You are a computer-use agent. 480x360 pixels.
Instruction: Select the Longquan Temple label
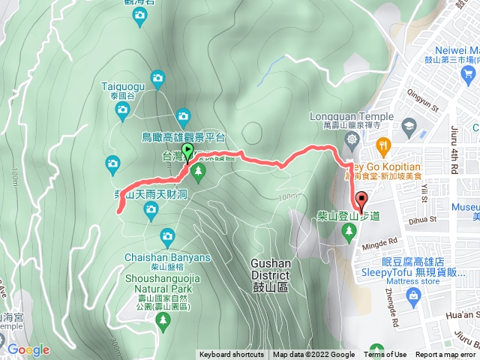pyautogui.click(x=350, y=117)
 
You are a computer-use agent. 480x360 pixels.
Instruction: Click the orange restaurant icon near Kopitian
pyautogui.click(x=383, y=144)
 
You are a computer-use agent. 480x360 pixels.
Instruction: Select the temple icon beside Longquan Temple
pyautogui.click(x=352, y=140)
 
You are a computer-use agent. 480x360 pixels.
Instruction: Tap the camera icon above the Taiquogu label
pyautogui.click(x=157, y=76)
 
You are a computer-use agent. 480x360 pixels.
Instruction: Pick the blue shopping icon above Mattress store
pyautogui.click(x=412, y=298)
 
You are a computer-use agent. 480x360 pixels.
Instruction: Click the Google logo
pyautogui.click(x=28, y=349)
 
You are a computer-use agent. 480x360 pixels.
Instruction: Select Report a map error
pyautogui.click(x=445, y=355)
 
